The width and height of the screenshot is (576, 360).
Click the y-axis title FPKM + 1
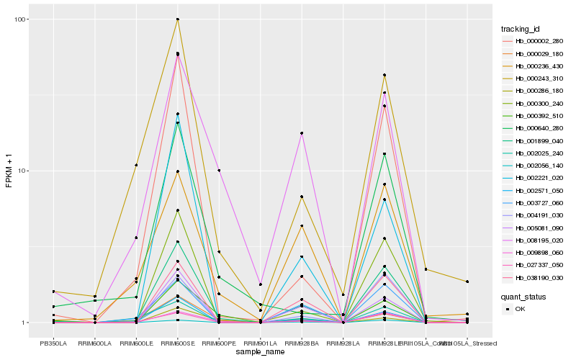point(9,171)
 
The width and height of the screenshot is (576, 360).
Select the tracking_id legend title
point(521,30)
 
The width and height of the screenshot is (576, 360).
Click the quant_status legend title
point(523,296)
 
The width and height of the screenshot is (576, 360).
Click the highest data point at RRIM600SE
point(178,19)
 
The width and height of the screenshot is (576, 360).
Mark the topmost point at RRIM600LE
point(136,165)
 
